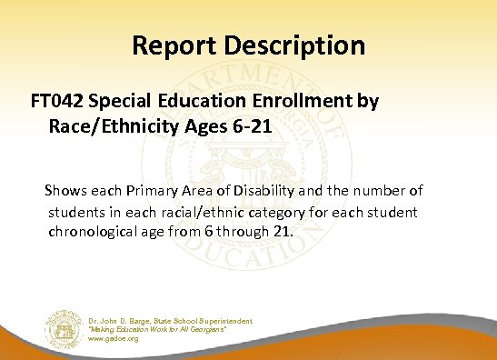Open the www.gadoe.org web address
pos(114,338)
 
